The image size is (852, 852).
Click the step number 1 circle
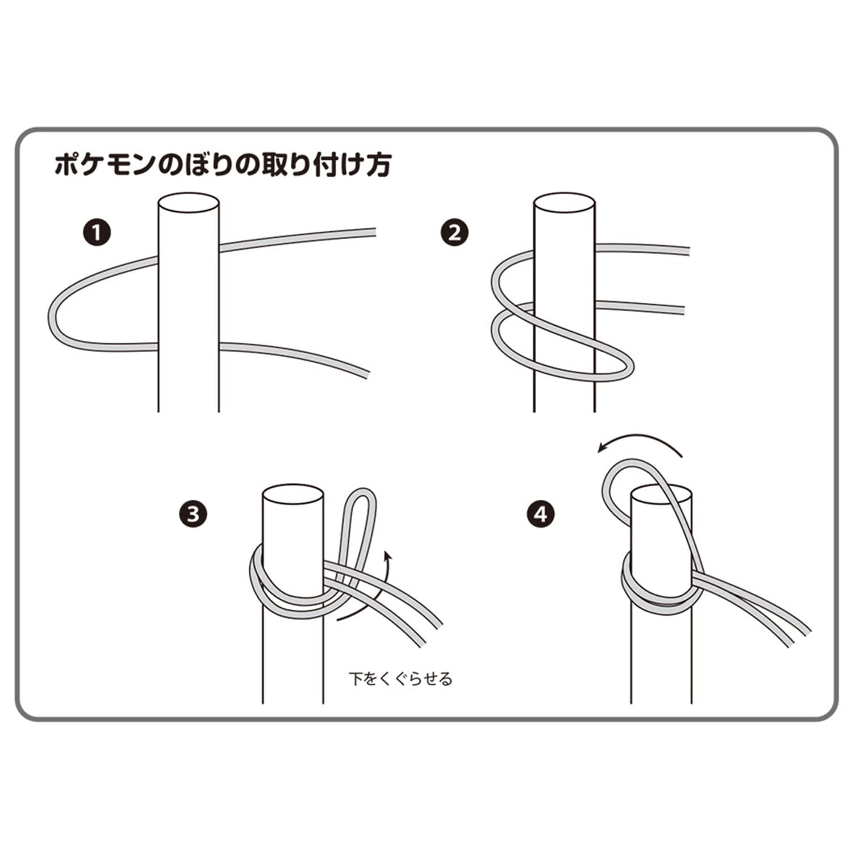(x=98, y=233)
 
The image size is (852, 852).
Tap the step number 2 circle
(x=455, y=233)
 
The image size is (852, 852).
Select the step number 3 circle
(x=194, y=515)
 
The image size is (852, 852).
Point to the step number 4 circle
(x=541, y=515)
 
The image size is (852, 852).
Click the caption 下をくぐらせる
(x=400, y=679)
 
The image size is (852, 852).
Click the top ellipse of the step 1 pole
(x=189, y=204)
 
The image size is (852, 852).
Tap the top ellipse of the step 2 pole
(x=565, y=204)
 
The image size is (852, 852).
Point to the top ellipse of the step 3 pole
(x=293, y=495)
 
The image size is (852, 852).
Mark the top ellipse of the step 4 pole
(x=662, y=495)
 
